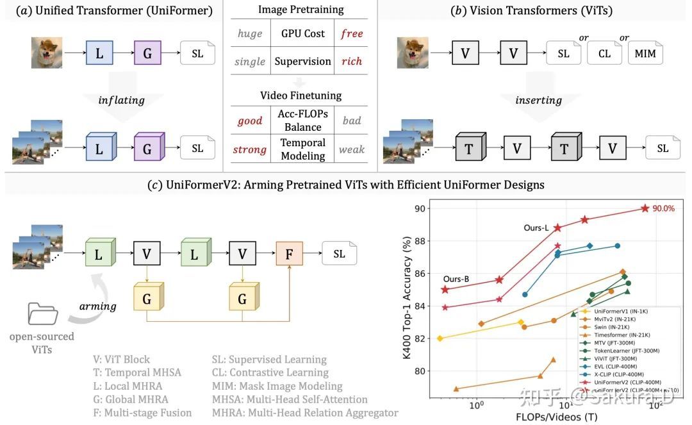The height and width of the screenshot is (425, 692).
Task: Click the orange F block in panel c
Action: coord(289,254)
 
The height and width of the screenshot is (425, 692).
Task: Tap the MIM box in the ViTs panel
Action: coord(645,54)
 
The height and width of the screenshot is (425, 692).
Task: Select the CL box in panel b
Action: coord(604,54)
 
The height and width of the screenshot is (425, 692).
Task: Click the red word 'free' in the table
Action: coord(352,33)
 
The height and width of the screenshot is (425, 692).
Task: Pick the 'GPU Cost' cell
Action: coord(303,33)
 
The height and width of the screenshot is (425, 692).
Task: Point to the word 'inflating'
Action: coord(121,100)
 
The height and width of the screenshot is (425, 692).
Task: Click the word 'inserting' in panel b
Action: coord(538,100)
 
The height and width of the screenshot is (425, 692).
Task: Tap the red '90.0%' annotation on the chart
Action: coord(663,208)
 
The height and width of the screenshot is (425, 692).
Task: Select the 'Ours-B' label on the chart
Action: coord(456,279)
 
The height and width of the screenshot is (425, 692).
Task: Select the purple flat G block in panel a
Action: coord(148,53)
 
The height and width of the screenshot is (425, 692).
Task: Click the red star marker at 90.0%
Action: coord(645,208)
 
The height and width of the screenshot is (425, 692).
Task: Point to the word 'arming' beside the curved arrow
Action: coord(97,306)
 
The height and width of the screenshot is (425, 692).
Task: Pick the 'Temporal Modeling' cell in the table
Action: coord(303,149)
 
